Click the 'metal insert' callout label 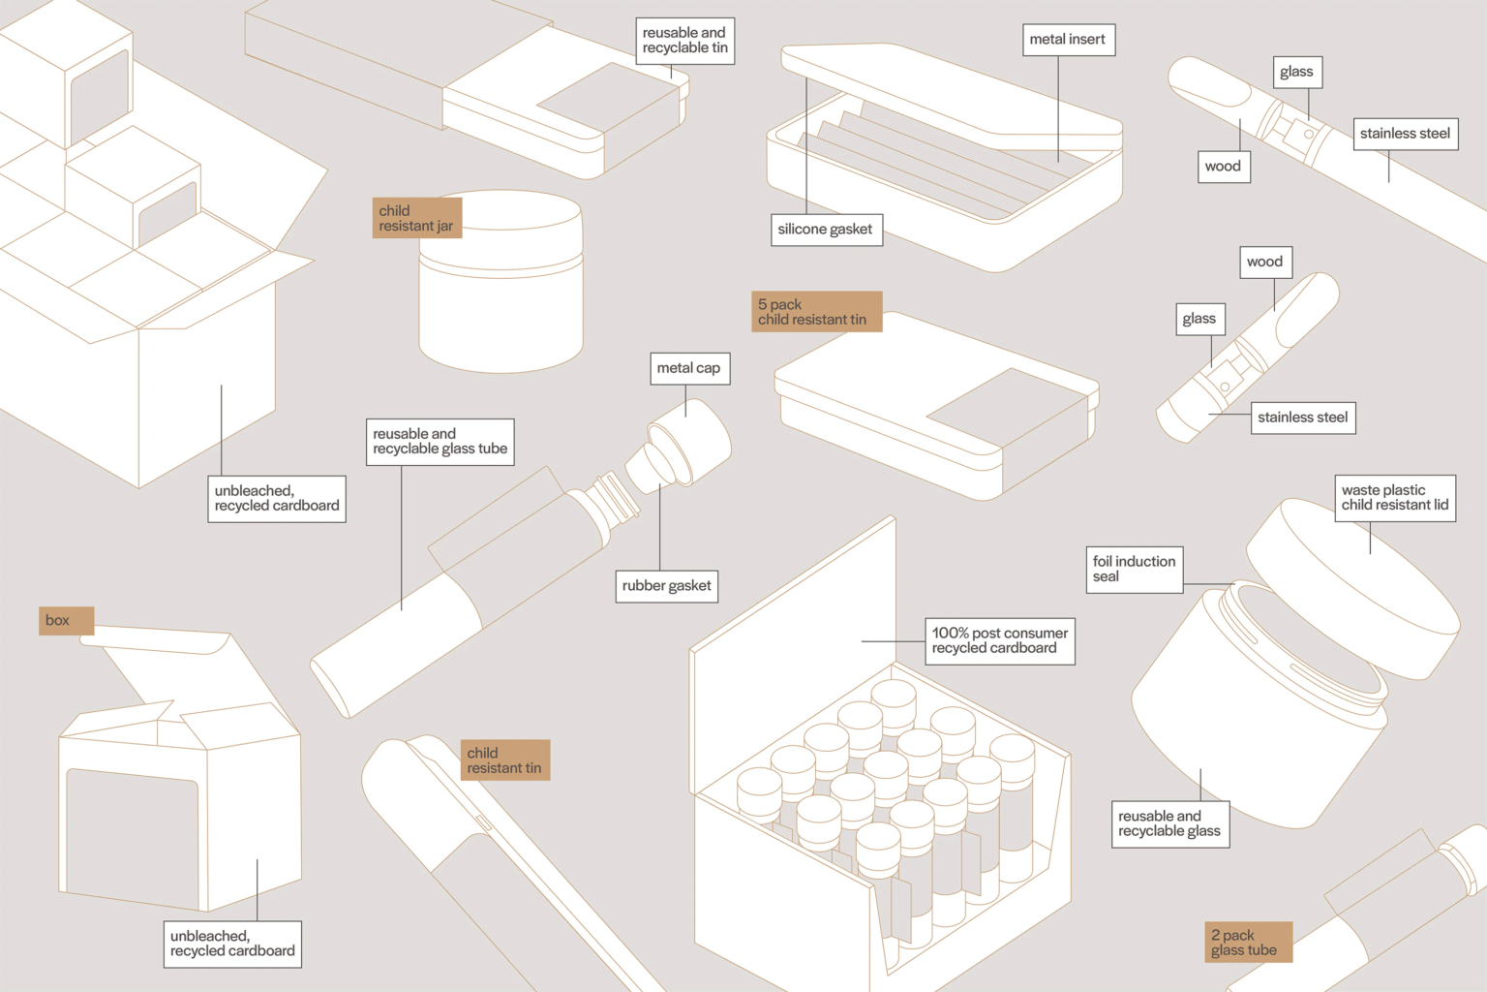click(x=1067, y=40)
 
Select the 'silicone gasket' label click(x=825, y=230)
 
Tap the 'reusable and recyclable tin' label click(x=684, y=41)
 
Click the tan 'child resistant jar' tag click(x=416, y=218)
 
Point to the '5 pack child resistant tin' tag click(x=815, y=312)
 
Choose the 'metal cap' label click(x=688, y=368)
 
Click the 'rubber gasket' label click(x=666, y=586)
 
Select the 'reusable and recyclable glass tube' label click(x=440, y=442)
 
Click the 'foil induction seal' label click(x=1134, y=569)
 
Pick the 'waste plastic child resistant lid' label click(x=1394, y=498)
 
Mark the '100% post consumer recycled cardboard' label click(x=999, y=640)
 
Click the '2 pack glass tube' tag click(x=1247, y=942)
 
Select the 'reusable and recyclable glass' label click(x=1169, y=823)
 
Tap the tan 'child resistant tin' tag click(x=504, y=760)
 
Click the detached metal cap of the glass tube click(x=683, y=444)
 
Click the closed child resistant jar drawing click(x=501, y=286)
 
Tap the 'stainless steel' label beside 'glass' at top click(x=1405, y=134)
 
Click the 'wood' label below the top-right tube click(x=1223, y=167)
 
